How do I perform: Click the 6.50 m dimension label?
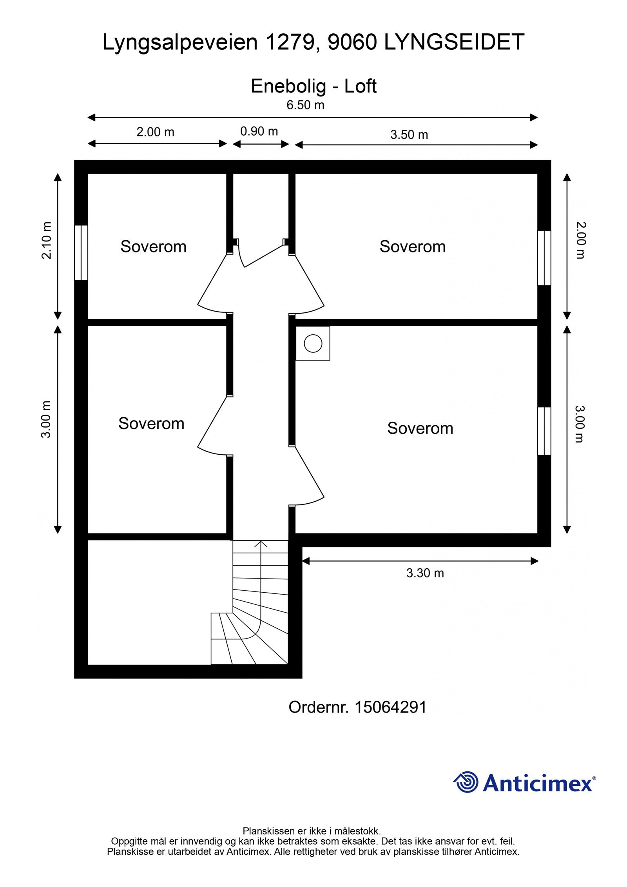tap(305, 105)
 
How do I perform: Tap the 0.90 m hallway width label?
tap(259, 131)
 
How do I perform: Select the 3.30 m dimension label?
tap(425, 573)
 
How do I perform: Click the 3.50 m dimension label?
tap(409, 134)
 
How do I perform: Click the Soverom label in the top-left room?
tap(153, 247)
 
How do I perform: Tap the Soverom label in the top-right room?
tap(412, 247)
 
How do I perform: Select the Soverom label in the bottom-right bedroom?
tap(420, 428)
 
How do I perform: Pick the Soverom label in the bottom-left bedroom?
tap(151, 423)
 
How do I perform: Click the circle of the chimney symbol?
tap(313, 343)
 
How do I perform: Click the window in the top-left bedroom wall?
tap(81, 252)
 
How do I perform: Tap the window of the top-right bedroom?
tap(544, 258)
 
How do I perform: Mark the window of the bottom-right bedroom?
tap(544, 431)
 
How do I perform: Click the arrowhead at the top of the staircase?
tap(261, 544)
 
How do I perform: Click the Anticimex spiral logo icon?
tap(466, 782)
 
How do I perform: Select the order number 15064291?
tap(390, 707)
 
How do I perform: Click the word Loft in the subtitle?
tap(360, 86)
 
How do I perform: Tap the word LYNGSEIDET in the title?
tap(454, 42)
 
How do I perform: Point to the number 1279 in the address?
tap(289, 42)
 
